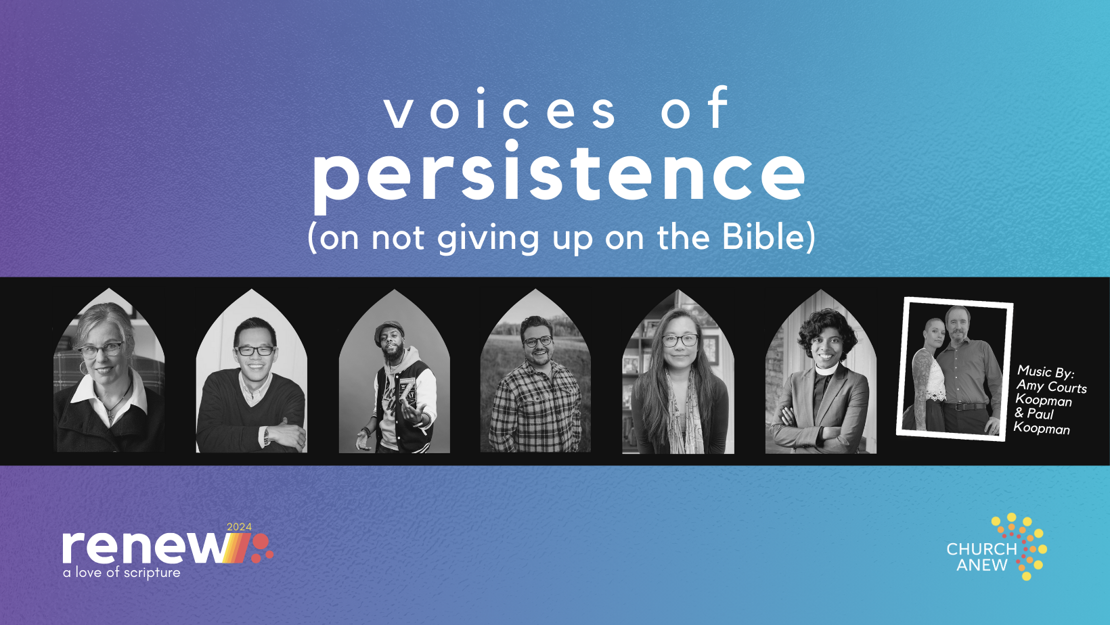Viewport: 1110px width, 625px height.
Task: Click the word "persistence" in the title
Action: coord(559,174)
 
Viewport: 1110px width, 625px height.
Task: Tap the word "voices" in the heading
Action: coord(501,110)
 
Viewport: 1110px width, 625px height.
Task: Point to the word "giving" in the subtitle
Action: coord(488,238)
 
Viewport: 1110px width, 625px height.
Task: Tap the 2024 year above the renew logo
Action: coord(239,527)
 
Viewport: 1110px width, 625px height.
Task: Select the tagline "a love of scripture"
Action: coord(122,572)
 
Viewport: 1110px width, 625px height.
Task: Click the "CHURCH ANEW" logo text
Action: coord(981,557)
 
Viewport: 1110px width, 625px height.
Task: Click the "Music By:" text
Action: coord(1046,372)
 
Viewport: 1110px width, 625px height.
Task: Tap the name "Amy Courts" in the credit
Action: coord(1051,386)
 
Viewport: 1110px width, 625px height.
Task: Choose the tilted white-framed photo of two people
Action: coord(954,369)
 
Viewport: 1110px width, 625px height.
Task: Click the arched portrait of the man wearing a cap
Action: coord(394,371)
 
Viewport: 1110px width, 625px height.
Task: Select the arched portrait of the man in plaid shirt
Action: coord(535,371)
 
